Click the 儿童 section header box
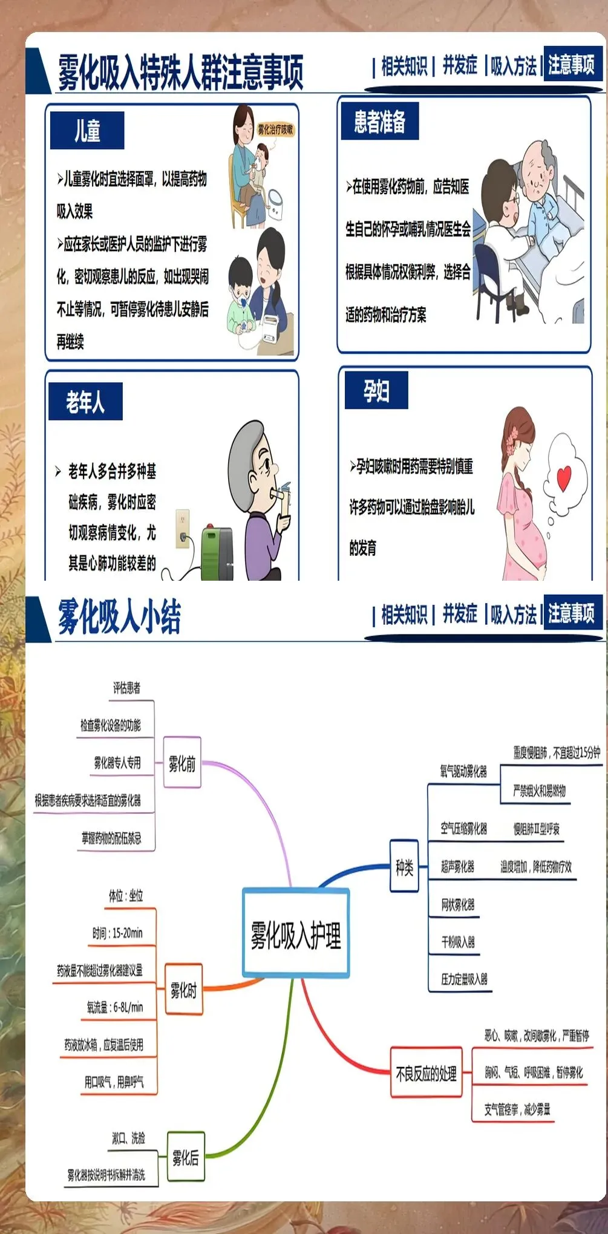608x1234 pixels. click(87, 130)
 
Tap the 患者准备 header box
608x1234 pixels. click(380, 122)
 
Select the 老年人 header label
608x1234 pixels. click(85, 401)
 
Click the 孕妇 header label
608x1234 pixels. click(376, 391)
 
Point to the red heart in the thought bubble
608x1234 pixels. click(564, 477)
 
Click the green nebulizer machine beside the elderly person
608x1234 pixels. click(217, 552)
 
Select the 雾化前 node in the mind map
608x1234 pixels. click(182, 763)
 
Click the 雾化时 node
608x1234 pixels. click(183, 990)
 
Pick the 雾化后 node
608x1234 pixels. click(185, 1158)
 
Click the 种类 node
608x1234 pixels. click(404, 868)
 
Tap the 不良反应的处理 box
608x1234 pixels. click(426, 1074)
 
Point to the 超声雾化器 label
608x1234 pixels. click(458, 867)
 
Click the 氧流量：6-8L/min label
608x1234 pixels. click(115, 1007)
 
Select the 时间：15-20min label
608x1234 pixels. click(117, 933)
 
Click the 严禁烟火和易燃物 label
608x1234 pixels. click(539, 790)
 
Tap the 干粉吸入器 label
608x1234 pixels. click(458, 942)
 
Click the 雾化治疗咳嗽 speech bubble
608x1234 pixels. click(275, 129)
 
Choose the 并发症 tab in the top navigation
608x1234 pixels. click(460, 65)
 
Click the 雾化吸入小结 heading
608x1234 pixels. click(119, 617)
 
